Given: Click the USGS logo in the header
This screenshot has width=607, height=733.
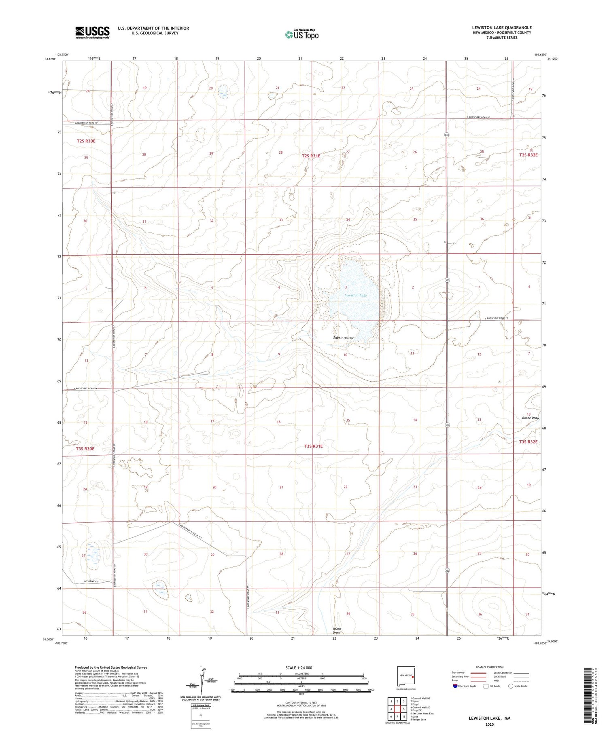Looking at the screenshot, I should point(92,32).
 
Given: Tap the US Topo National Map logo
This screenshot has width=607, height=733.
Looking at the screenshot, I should point(301,34).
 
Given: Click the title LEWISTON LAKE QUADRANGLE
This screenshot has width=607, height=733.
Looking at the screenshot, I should point(501,27).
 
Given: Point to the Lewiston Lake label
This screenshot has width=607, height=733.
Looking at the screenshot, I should point(355,296).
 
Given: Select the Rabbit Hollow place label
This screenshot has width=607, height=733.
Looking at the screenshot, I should point(343,338).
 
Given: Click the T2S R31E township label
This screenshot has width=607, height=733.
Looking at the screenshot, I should point(311,156).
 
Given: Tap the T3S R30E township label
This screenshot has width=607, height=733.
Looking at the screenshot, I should point(85,449).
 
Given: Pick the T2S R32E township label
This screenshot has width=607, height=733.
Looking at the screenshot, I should point(528,155).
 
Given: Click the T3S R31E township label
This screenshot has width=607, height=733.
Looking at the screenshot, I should point(313,446).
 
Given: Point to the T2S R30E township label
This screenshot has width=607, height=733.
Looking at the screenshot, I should point(86,141).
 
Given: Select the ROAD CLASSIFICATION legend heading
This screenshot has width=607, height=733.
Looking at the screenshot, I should point(490,667).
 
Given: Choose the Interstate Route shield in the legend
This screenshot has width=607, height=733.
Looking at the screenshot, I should point(455,686).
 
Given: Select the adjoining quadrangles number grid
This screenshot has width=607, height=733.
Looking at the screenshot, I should point(397,708).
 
